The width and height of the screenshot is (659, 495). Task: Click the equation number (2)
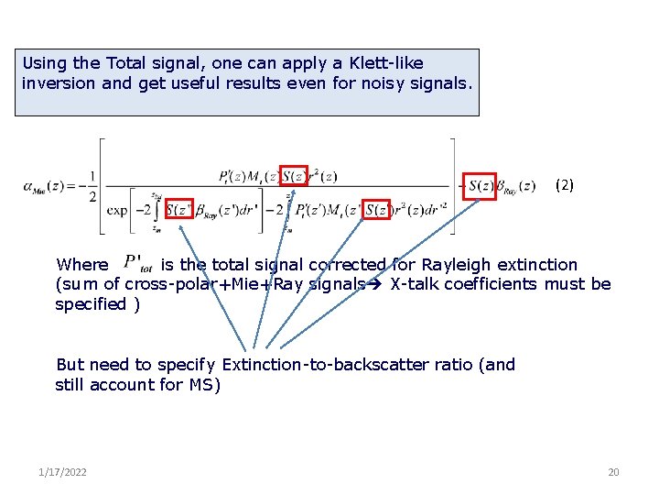[x=565, y=184]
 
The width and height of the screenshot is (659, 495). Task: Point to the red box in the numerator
[x=293, y=176]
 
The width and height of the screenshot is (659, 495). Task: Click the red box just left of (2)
[x=481, y=185]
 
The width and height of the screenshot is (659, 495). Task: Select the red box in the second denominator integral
[x=377, y=210]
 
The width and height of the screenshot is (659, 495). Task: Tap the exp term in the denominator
[x=117, y=210]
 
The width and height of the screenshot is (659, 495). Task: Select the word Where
[x=81, y=265]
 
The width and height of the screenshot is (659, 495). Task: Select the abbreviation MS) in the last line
[x=205, y=385]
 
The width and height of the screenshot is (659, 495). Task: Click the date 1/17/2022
[x=63, y=472]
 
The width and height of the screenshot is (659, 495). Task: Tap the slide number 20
[x=613, y=472]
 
